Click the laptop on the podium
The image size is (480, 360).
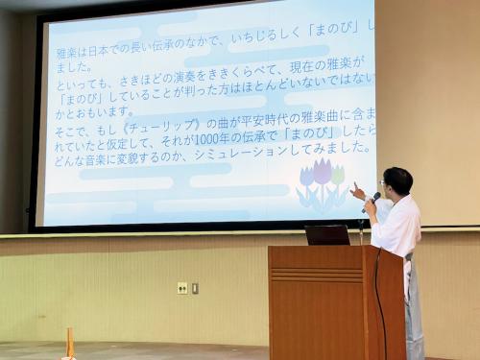(327, 234)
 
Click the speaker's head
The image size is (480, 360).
(396, 180)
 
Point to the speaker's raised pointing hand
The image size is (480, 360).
(357, 192)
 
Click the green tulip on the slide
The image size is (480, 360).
(338, 175)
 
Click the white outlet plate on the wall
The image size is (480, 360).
(182, 288)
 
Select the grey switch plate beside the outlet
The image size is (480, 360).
(195, 288)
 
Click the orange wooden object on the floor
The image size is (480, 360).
(70, 344)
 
